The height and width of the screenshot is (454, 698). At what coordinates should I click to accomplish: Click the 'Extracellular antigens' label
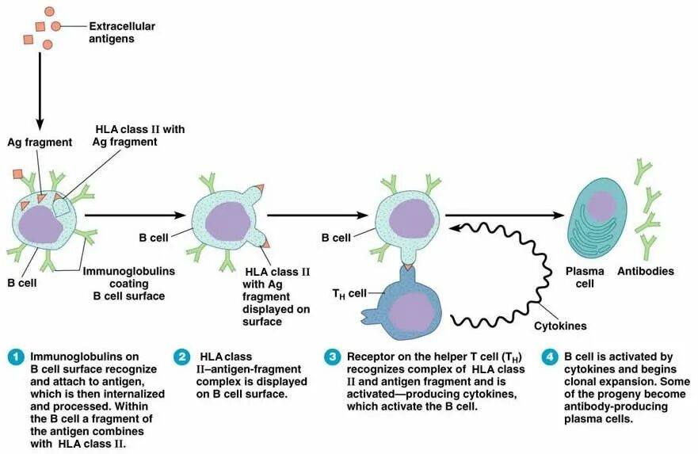point(121,32)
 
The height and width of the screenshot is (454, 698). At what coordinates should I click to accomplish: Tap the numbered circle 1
point(15,357)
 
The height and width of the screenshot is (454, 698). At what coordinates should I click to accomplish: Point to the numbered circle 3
point(333,357)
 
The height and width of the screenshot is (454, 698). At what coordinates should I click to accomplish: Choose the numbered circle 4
point(551,357)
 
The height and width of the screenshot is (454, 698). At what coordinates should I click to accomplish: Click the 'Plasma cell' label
point(584,277)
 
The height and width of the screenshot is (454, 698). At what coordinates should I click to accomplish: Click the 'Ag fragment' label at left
point(40,142)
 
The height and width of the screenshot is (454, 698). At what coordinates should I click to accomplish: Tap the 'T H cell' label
point(350,293)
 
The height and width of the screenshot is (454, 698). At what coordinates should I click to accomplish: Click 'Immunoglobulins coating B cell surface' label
point(128,283)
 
